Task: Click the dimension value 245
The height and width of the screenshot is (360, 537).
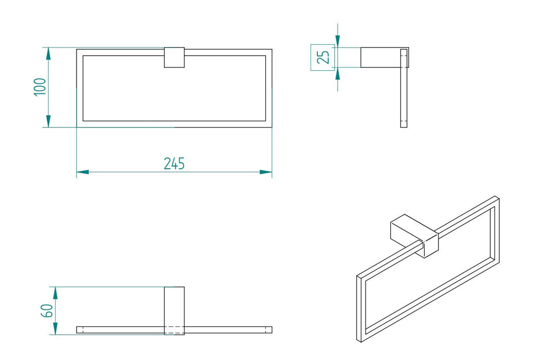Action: click(174, 164)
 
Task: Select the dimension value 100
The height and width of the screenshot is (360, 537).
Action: click(40, 87)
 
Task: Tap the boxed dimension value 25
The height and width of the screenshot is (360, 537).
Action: click(323, 57)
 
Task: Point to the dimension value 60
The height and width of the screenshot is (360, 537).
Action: click(47, 311)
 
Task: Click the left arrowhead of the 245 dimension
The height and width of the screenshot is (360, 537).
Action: click(82, 172)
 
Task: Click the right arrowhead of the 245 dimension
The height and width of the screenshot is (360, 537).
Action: click(266, 172)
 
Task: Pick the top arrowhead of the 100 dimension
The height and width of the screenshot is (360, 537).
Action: click(48, 54)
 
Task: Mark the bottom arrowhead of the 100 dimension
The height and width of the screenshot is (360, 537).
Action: click(48, 121)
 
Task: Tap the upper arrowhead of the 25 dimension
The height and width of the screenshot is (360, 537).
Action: click(338, 41)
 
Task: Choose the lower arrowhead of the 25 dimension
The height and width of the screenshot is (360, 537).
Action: click(338, 73)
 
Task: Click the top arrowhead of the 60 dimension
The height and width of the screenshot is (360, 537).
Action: click(55, 293)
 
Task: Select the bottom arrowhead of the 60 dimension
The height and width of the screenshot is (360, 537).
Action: click(55, 329)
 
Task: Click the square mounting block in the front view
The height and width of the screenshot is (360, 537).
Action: click(174, 58)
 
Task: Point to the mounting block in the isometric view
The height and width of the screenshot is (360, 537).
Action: click(414, 236)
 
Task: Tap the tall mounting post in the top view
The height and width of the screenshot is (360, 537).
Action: click(174, 311)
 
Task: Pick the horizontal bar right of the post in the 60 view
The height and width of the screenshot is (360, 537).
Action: click(229, 330)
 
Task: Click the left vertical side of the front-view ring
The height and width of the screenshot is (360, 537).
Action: click(80, 88)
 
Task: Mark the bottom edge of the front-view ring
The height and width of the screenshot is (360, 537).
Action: click(174, 124)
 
